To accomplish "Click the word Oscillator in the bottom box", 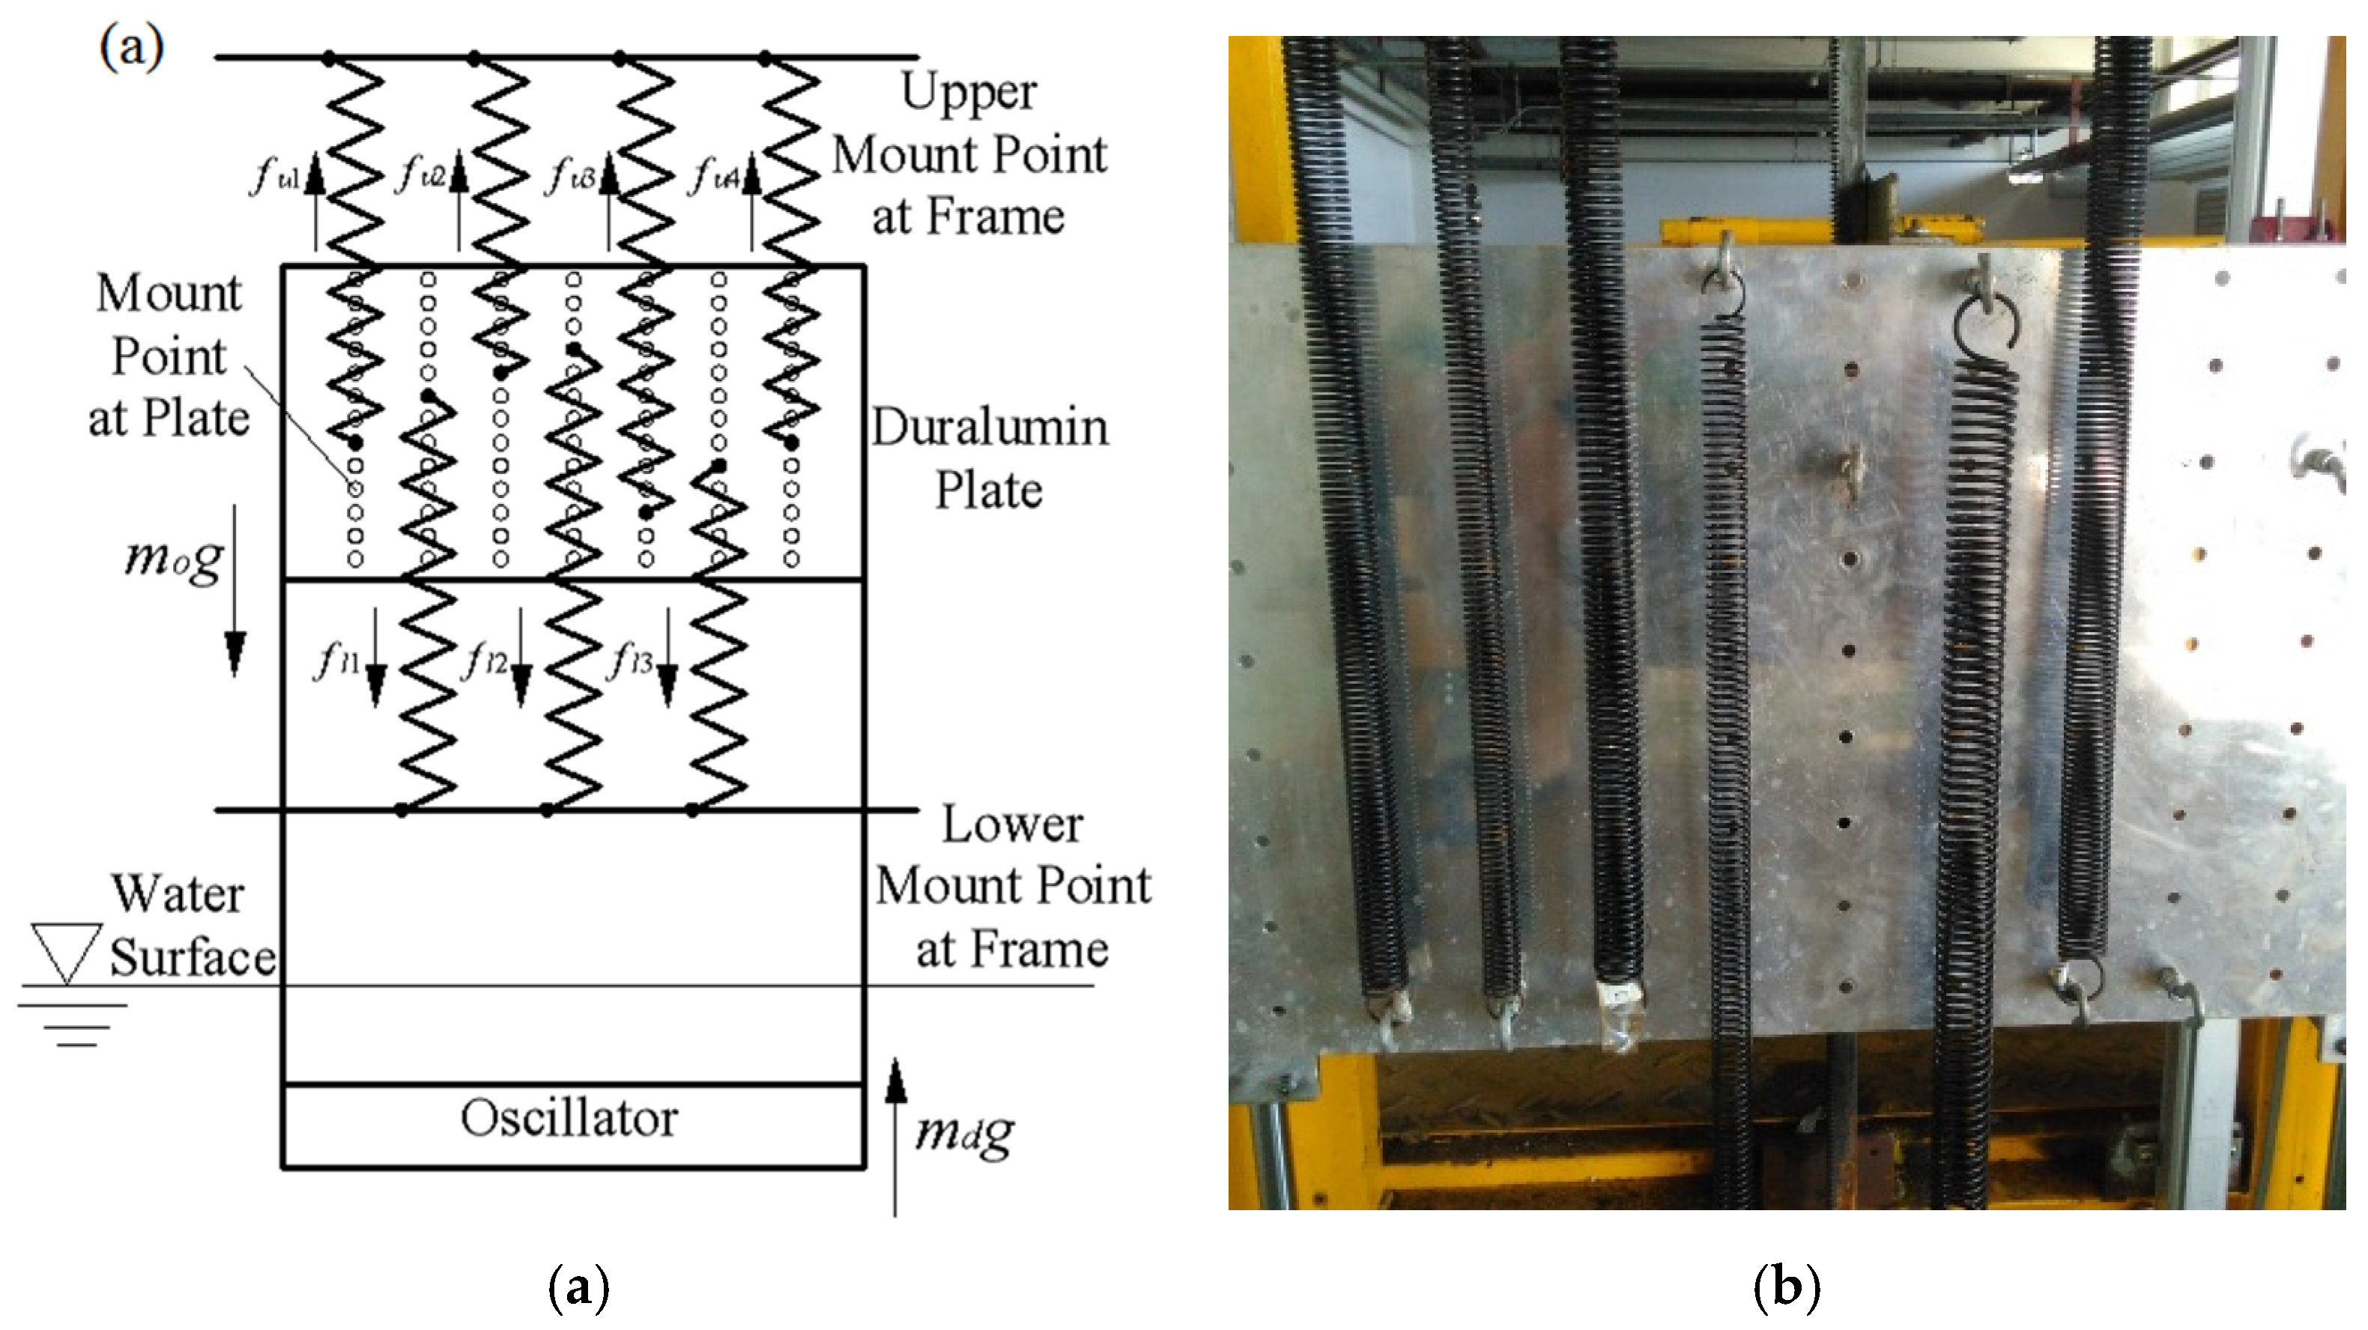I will (x=569, y=1119).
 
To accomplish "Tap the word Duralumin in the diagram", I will (x=990, y=428).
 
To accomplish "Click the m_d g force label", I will (x=964, y=1133).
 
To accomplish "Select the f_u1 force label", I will (x=275, y=174).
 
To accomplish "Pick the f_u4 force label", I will (x=714, y=174).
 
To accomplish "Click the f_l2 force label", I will (x=486, y=659).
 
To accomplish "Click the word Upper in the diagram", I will (x=969, y=92).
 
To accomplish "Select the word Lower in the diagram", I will (x=1012, y=825).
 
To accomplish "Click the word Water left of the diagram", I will (x=178, y=894).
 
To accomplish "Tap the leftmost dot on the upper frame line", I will (x=329, y=58).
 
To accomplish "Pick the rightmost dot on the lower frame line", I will (x=692, y=810).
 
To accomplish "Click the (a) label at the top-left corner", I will (x=131, y=46).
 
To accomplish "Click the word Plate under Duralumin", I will (x=989, y=490).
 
